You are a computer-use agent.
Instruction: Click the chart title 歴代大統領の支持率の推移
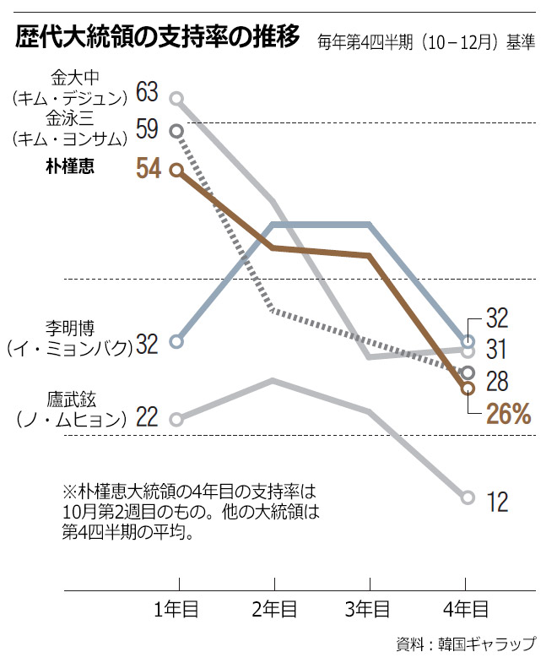[156, 38]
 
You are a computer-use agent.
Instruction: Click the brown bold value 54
[148, 168]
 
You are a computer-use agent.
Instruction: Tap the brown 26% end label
[508, 414]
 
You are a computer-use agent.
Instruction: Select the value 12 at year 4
[498, 502]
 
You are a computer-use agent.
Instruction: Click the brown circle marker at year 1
[176, 170]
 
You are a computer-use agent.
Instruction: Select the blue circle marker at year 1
[176, 342]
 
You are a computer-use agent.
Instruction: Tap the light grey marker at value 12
[468, 497]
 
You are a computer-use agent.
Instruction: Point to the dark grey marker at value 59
[176, 130]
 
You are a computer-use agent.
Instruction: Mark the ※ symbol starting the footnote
[69, 492]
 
